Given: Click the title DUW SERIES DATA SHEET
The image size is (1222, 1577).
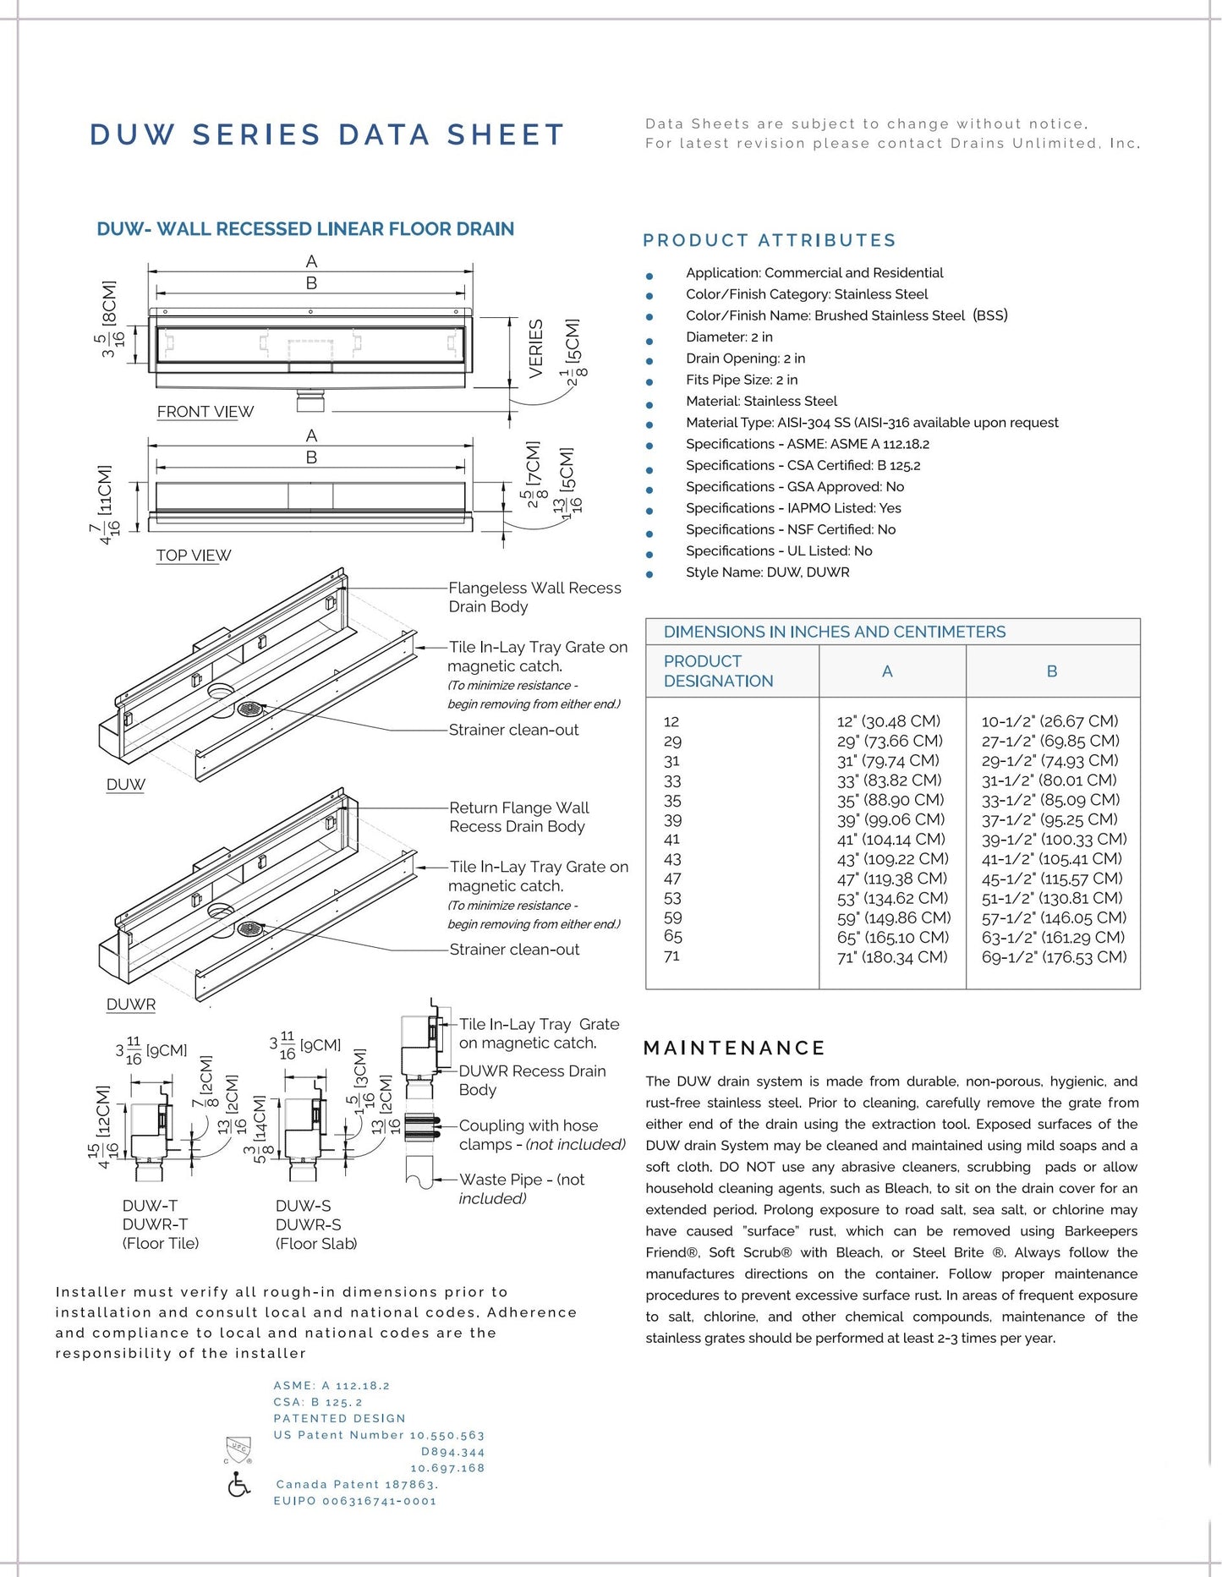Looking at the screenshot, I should tap(326, 135).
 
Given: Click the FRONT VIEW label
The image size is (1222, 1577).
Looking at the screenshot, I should tap(205, 412).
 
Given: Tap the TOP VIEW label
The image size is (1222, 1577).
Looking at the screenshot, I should tap(193, 556).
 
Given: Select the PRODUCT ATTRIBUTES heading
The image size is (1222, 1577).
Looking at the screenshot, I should tap(769, 241).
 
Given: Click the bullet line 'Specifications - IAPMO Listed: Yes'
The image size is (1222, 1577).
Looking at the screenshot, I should tap(792, 508).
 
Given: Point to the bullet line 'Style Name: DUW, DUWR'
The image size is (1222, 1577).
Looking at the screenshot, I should tap(767, 572).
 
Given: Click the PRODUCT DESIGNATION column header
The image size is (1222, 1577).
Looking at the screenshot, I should tap(718, 671).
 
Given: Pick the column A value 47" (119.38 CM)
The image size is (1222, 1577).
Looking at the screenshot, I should tap(892, 879).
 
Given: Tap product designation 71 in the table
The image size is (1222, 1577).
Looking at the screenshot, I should tap(672, 956).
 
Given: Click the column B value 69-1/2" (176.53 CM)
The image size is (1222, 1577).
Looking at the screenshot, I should tap(1054, 957).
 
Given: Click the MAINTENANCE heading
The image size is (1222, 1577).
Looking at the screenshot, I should tap(734, 1049).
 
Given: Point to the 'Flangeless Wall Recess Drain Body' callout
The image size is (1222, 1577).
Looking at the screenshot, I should tap(534, 597).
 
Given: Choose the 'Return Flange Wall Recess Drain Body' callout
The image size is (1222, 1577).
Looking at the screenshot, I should tap(518, 817).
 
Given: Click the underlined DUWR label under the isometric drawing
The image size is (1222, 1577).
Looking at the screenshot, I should tap(131, 1005).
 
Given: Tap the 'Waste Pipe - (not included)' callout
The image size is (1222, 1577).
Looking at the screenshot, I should tap(521, 1189).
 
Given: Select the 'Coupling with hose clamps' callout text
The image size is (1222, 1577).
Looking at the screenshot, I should tap(541, 1135).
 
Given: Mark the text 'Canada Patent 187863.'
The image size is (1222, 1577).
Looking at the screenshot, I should tap(356, 1485).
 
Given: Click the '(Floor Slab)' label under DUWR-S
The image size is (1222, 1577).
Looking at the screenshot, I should tap(316, 1244).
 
